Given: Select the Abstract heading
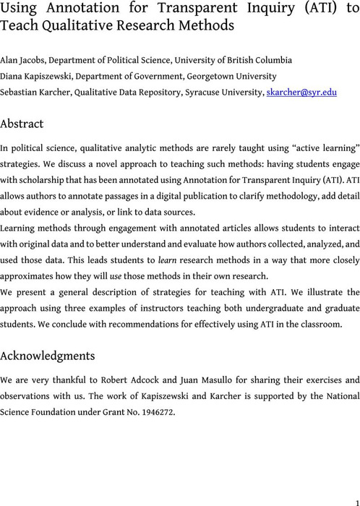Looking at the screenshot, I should (x=22, y=124).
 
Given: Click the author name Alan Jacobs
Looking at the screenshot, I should (x=20, y=60).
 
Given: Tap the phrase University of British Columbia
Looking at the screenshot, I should (x=228, y=60).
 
